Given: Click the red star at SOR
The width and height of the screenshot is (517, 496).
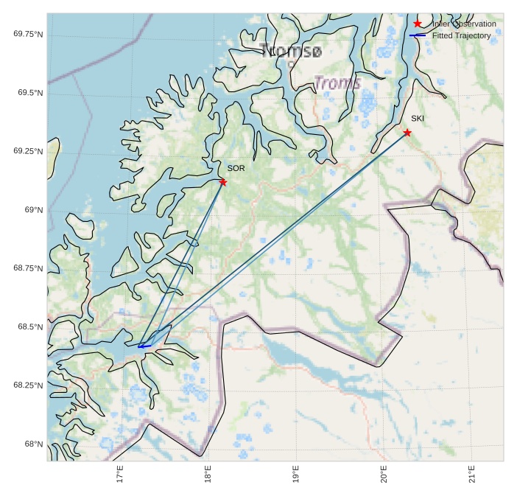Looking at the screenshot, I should click(x=222, y=182).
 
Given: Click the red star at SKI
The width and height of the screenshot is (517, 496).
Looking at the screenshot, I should click(x=407, y=133).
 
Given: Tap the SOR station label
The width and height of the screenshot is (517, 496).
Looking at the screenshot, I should click(x=236, y=169).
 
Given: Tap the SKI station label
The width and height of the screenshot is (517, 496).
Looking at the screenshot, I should click(x=418, y=119).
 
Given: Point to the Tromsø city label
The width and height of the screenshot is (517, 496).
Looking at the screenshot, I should click(x=291, y=52).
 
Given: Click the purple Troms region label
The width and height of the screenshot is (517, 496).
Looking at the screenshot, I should click(x=337, y=83).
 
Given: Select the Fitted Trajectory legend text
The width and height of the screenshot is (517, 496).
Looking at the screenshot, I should click(x=462, y=35).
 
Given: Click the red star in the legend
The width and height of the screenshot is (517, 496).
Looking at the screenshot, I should click(x=418, y=24).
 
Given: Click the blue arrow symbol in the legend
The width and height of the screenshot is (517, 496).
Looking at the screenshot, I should click(x=418, y=35).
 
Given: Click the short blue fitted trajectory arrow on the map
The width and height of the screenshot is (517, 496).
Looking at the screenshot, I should click(x=144, y=346).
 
